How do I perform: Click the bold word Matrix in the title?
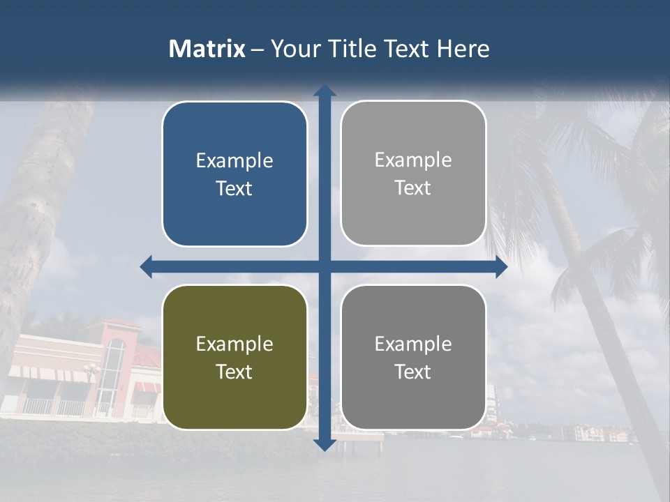[207, 49]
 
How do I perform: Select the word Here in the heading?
[463, 49]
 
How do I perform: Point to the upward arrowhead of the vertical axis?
[325, 91]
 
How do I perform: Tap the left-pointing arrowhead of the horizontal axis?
[146, 266]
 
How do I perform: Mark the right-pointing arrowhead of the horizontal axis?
[501, 266]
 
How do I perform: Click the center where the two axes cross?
[325, 266]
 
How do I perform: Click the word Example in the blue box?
[234, 161]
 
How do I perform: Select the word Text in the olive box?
[234, 372]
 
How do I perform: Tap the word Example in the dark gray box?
[413, 344]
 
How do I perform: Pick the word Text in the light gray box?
[413, 188]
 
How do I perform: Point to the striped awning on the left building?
[52, 374]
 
